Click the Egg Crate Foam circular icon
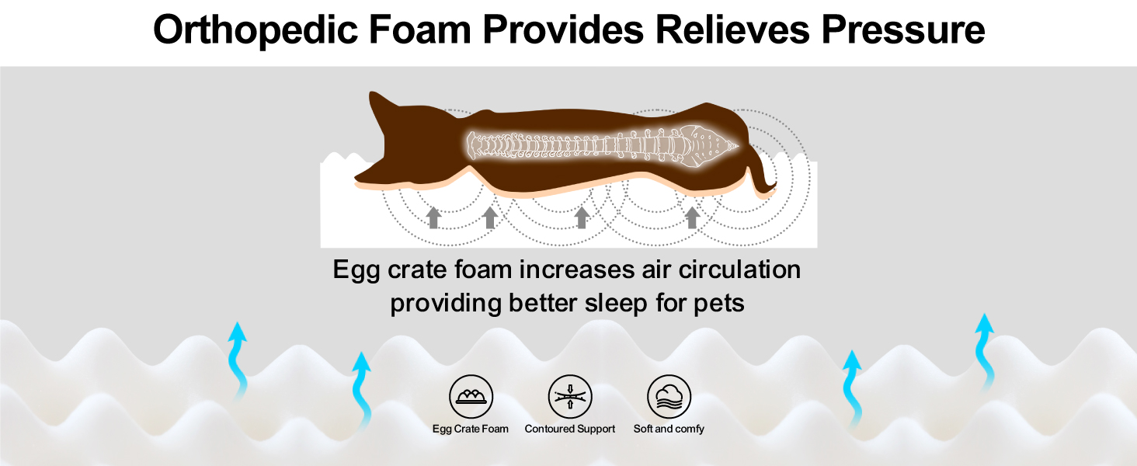[x=471, y=396]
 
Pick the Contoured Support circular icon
[x=570, y=396]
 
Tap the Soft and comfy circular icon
[x=669, y=396]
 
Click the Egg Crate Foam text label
[x=471, y=429]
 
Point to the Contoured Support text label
[x=570, y=429]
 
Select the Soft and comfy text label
[x=669, y=429]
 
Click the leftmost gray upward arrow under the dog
[x=433, y=217]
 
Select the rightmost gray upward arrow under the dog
[x=692, y=217]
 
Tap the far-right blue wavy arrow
[x=986, y=349]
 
